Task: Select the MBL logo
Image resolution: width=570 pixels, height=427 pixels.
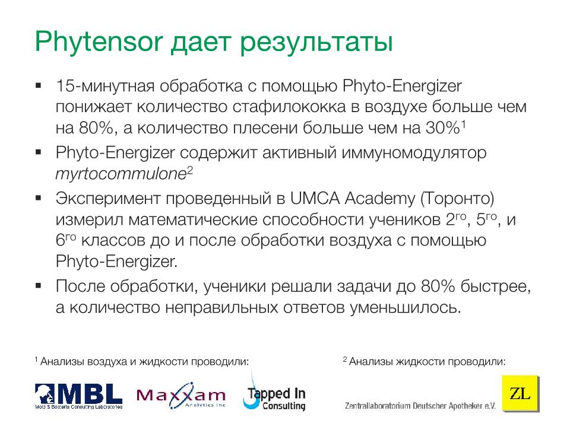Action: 78,396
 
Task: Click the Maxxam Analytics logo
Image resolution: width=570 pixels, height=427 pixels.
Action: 180,396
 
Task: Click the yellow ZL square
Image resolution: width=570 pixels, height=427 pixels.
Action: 520,393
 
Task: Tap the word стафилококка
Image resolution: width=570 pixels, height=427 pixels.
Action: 289,107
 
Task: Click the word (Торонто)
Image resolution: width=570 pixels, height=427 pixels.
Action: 457,199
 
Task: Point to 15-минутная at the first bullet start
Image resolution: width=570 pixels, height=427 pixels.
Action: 106,87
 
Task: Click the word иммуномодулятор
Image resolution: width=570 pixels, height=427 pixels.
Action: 414,154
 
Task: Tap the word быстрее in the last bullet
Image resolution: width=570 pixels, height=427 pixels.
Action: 496,287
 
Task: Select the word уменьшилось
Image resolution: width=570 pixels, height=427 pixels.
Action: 406,308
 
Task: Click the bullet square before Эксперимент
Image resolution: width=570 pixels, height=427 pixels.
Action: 38,198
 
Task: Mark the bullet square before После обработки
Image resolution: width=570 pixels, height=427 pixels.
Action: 38,286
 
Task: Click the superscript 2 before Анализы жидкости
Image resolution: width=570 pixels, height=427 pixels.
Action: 345,359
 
